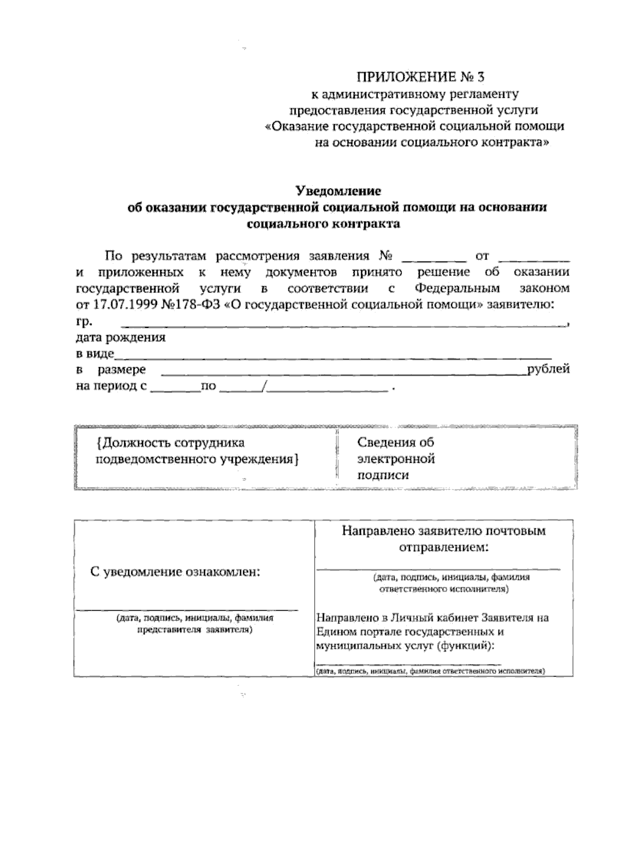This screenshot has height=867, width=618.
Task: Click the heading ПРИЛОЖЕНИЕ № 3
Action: [x=421, y=77]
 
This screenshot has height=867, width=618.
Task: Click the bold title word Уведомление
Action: [x=338, y=191]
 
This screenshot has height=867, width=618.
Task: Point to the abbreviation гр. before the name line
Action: [x=84, y=322]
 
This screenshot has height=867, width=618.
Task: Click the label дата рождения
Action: [x=121, y=338]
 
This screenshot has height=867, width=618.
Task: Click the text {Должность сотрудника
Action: [x=170, y=443]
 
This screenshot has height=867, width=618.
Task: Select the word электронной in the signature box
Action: [x=396, y=459]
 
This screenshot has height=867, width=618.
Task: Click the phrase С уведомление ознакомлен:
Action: [x=175, y=572]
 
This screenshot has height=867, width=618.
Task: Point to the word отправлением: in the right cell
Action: [x=443, y=547]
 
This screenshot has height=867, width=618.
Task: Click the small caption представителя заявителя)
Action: [x=194, y=629]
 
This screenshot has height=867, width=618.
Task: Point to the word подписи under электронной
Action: [x=383, y=475]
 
